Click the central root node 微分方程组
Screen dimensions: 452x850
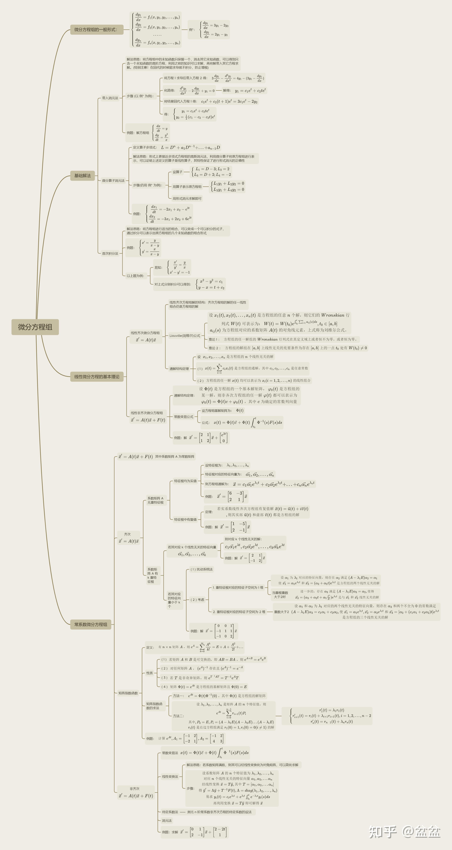[35, 327]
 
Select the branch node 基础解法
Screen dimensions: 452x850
[82, 176]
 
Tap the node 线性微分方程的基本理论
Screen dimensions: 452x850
[97, 377]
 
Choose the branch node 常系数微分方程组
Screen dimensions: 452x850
[91, 624]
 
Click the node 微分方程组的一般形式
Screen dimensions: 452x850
[95, 29]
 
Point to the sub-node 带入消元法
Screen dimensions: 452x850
[110, 98]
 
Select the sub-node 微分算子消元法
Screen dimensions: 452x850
[113, 181]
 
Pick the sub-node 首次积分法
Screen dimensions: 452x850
[110, 253]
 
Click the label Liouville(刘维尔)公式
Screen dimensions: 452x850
[185, 336]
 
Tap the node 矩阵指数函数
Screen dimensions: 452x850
[128, 693]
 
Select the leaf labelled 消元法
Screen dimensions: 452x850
[167, 820]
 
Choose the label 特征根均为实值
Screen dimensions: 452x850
[185, 481]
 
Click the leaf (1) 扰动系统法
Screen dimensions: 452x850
[201, 569]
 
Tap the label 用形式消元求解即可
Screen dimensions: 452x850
[187, 198]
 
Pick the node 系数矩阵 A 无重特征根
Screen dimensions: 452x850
[156, 500]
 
